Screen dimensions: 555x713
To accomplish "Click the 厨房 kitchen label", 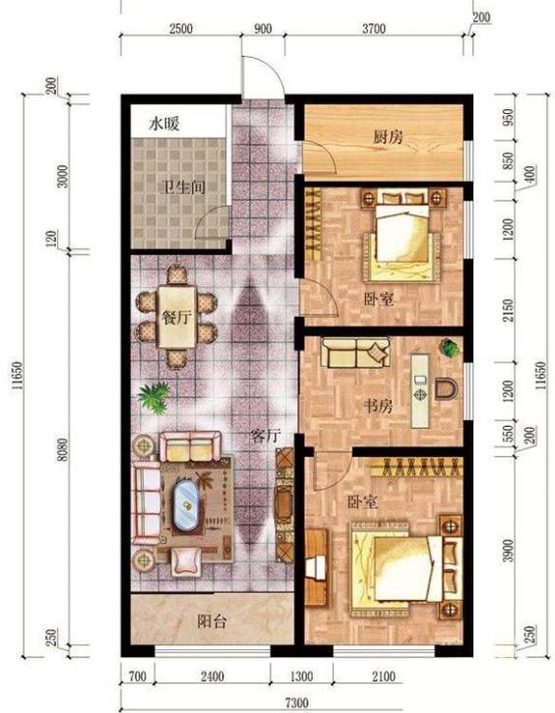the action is point(388,137).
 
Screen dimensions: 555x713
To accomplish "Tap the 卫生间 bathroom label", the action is point(184,187).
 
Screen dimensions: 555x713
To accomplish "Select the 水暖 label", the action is point(163,124).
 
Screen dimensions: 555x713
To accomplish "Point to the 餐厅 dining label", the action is point(177,317).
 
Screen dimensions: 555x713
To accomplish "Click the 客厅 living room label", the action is point(266,436).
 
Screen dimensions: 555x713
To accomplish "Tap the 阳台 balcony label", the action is point(212,622).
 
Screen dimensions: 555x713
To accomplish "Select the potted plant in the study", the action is point(449,348).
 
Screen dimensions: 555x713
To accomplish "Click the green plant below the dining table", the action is point(154,397).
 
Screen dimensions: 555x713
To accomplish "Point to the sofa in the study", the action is point(355,352).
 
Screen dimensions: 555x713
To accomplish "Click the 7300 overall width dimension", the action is point(297,703).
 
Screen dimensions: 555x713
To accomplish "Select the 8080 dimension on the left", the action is point(63,449).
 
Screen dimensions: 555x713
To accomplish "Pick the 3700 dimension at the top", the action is point(374,29).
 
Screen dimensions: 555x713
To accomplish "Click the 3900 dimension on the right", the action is point(508,550).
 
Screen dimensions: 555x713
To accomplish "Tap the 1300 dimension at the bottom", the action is point(301,677).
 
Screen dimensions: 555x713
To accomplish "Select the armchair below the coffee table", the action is point(186,561).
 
